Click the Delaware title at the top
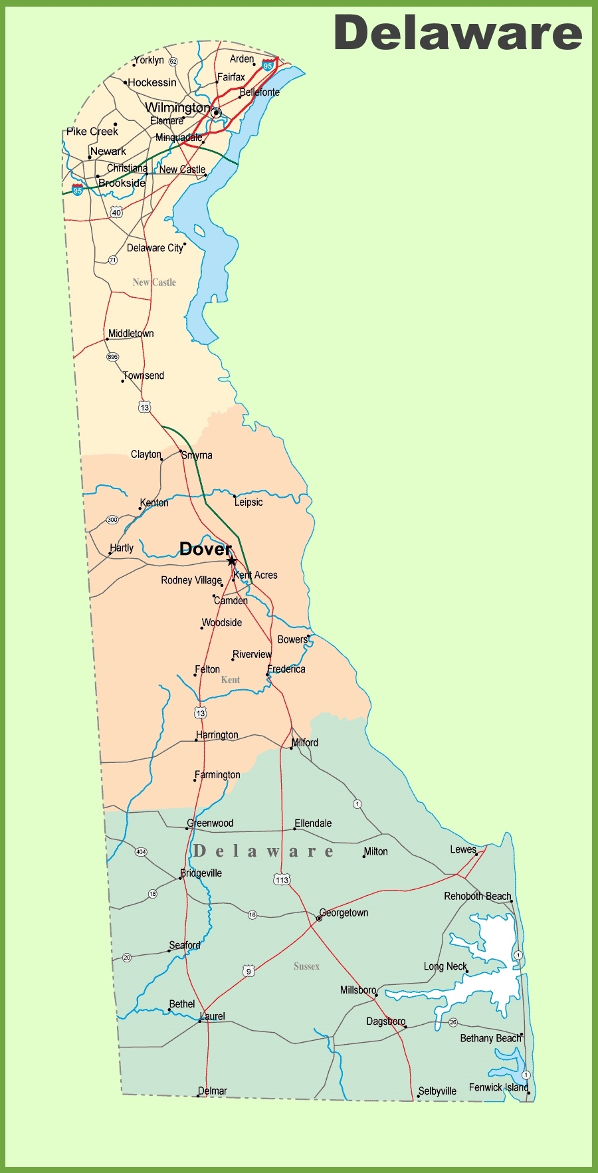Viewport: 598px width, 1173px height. tap(458, 33)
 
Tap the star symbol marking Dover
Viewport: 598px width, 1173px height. tap(231, 561)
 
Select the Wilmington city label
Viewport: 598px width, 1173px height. tap(177, 108)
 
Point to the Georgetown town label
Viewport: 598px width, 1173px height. tap(344, 913)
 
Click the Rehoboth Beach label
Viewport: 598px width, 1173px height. tap(478, 896)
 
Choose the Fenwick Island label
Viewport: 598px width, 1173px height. tap(498, 1087)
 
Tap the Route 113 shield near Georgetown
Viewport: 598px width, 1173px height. tap(282, 880)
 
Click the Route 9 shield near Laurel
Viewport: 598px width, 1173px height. tap(249, 971)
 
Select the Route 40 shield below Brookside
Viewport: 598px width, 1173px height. tap(117, 213)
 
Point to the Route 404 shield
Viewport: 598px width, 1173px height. tap(141, 851)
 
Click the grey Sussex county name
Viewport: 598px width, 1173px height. tap(306, 966)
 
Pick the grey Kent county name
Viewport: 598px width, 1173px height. tap(231, 680)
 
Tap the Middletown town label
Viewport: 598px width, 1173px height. tap(131, 334)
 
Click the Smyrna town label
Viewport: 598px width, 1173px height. tap(197, 455)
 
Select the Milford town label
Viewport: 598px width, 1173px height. tap(305, 742)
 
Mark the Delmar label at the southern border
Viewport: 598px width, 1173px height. tap(213, 1091)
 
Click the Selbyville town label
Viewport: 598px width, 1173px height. tap(437, 1091)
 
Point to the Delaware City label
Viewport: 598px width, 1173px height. tap(155, 248)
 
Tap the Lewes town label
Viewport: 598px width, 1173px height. tap(463, 849)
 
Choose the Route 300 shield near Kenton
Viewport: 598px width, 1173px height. tap(112, 520)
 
